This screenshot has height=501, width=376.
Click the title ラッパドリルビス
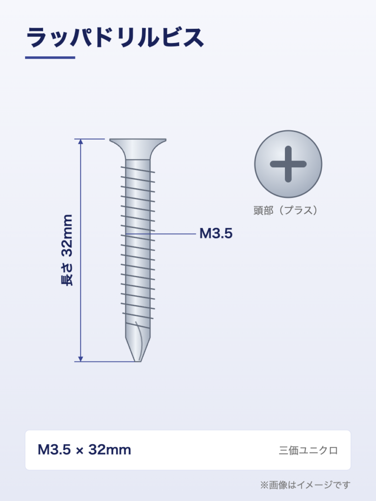coord(115,38)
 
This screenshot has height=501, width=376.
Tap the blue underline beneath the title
coord(50,58)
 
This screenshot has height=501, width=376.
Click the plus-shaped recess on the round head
coord(288,164)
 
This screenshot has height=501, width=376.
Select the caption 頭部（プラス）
coord(285,210)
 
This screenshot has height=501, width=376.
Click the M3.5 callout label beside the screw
coord(216,233)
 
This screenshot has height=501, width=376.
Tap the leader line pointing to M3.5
coord(161,234)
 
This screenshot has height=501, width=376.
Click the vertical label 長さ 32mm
coord(67,250)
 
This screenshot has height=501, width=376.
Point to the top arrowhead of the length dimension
coord(81,142)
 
